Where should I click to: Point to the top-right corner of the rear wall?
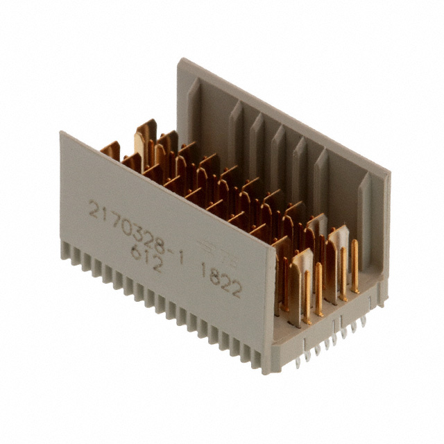coord(388,173)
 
